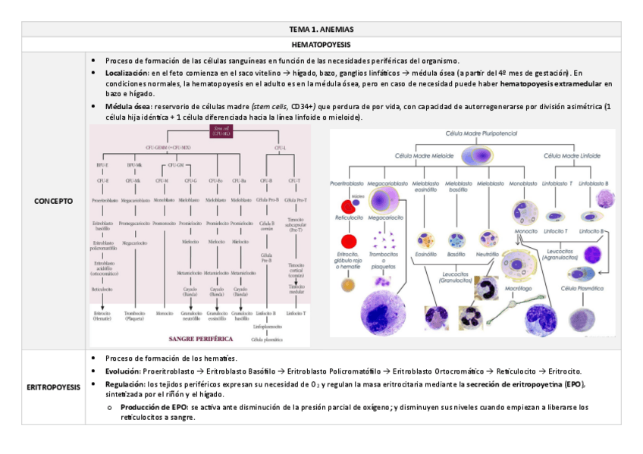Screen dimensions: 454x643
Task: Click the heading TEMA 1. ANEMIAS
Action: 321,30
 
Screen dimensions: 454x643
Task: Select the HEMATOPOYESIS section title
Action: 321,45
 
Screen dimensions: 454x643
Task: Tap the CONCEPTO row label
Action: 54,202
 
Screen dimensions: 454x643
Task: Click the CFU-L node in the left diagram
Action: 280,147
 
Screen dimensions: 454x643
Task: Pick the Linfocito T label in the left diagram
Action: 296,313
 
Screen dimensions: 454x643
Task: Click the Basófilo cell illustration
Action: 456,240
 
